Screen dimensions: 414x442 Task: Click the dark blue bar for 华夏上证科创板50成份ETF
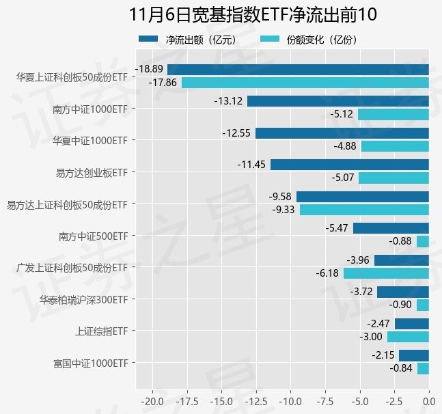298,69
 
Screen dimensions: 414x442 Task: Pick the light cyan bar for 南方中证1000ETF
393,114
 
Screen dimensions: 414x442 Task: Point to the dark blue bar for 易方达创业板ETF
349,165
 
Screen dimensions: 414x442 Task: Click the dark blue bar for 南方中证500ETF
391,228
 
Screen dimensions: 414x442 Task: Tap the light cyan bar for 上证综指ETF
408,337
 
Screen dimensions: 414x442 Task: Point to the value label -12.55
238,133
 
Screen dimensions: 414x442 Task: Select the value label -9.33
283,210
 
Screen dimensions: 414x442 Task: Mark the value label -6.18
327,273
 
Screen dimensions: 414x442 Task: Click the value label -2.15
383,355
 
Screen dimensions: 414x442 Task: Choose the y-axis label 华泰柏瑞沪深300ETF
83,299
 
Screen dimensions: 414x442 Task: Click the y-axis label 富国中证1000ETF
90,363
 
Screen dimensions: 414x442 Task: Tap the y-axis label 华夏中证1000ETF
90,140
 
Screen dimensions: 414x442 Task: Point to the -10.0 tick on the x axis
290,400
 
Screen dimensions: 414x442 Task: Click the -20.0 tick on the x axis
152,400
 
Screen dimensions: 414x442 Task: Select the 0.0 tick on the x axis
428,400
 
